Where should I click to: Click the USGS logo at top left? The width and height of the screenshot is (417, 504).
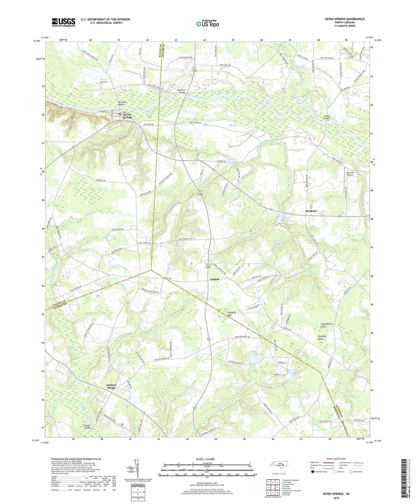pyautogui.click(x=63, y=22)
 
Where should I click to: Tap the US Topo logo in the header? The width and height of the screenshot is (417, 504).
pyautogui.click(x=207, y=24)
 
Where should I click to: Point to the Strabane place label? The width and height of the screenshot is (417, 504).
pyautogui.click(x=311, y=211)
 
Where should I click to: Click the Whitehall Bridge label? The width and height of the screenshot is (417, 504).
pyautogui.click(x=122, y=103)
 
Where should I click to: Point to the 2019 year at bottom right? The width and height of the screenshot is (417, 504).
pyautogui.click(x=336, y=497)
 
